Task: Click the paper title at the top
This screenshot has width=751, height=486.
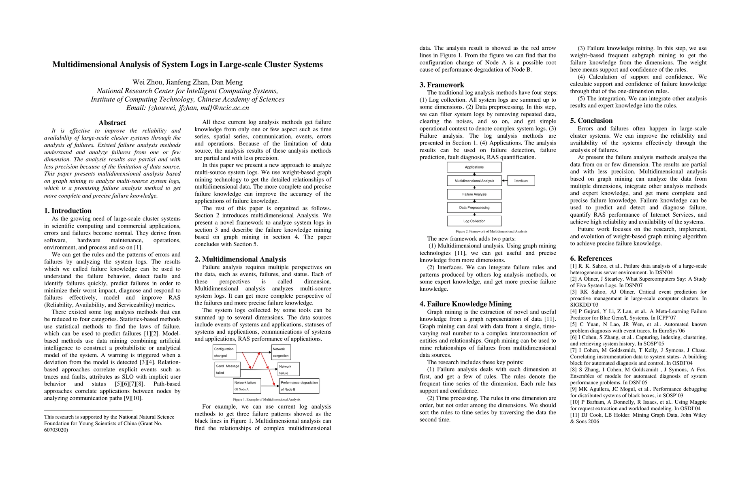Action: click(188, 65)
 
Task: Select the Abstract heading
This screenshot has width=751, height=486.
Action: click(112, 123)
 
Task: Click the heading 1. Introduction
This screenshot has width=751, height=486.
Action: click(68, 211)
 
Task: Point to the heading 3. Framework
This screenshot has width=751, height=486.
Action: click(442, 85)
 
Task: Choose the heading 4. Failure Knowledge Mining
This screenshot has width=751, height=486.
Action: click(465, 304)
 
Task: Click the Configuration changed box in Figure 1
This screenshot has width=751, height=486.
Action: click(224, 352)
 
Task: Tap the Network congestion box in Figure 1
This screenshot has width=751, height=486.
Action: click(281, 352)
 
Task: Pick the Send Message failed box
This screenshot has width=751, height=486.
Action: click(228, 369)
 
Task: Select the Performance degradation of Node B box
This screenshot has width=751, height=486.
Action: click(299, 386)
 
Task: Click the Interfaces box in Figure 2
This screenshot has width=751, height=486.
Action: click(521, 181)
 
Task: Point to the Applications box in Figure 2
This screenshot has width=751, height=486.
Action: click(474, 167)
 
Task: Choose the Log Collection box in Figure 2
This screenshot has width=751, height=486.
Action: click(474, 221)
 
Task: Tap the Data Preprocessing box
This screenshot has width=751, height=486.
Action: click(474, 208)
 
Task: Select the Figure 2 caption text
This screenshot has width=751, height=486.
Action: click(491, 231)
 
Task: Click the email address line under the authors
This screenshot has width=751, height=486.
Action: click(188, 108)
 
